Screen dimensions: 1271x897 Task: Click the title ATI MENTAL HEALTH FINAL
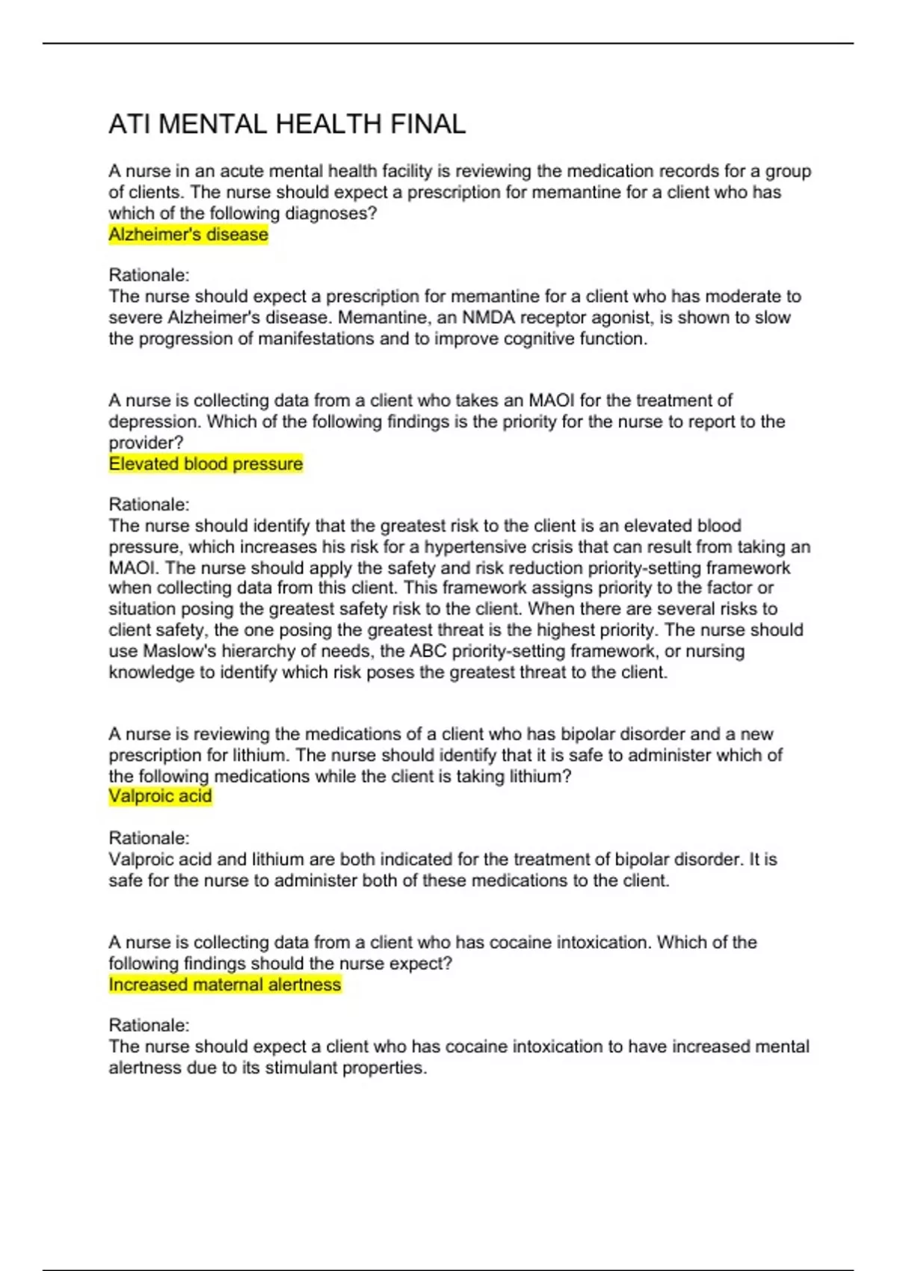[x=287, y=124]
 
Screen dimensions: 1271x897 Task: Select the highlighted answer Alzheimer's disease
[x=188, y=235]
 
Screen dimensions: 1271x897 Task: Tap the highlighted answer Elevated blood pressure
[x=206, y=464]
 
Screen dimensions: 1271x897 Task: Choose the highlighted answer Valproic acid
[x=160, y=796]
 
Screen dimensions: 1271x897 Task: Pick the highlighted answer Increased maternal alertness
[x=224, y=985]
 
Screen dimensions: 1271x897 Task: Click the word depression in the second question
[x=154, y=422]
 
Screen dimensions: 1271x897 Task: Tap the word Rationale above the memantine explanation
[x=149, y=275]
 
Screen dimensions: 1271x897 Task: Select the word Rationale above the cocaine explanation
[x=149, y=1025]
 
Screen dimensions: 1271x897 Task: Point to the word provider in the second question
[x=145, y=443]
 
